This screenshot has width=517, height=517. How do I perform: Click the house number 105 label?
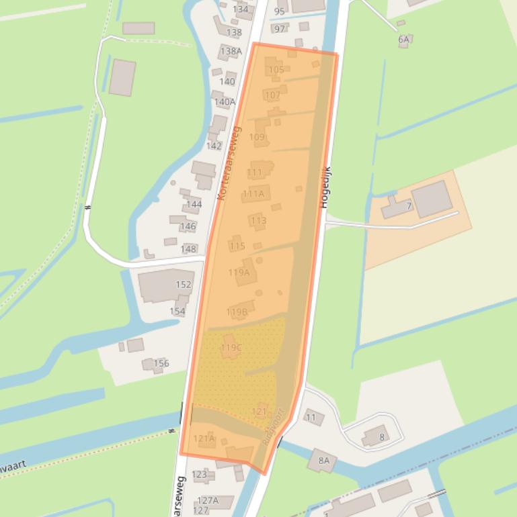(x=276, y=70)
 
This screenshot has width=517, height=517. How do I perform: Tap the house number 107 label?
(x=272, y=95)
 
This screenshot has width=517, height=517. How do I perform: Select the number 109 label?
(x=257, y=138)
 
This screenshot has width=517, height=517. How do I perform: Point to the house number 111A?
(x=253, y=194)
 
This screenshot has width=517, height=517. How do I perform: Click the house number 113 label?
(x=258, y=221)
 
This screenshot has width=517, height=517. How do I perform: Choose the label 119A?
(x=239, y=273)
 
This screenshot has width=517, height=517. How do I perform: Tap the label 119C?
(x=231, y=348)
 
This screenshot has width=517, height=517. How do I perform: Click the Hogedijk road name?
(x=324, y=188)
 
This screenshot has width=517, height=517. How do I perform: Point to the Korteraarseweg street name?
(x=229, y=163)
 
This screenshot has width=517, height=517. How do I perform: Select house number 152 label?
(x=183, y=285)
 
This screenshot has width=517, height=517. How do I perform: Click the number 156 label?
(x=161, y=364)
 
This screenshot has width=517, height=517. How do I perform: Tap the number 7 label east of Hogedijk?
(x=409, y=206)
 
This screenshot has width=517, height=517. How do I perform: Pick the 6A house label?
(x=403, y=40)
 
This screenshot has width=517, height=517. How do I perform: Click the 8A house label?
(x=324, y=461)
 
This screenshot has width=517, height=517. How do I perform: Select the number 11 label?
(x=311, y=418)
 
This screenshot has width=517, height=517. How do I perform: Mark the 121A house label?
(x=204, y=439)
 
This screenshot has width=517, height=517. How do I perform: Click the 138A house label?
(x=231, y=51)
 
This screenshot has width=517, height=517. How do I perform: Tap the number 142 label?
(x=214, y=146)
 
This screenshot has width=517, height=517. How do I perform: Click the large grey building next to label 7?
(x=431, y=198)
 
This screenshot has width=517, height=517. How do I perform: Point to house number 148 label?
(x=189, y=249)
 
